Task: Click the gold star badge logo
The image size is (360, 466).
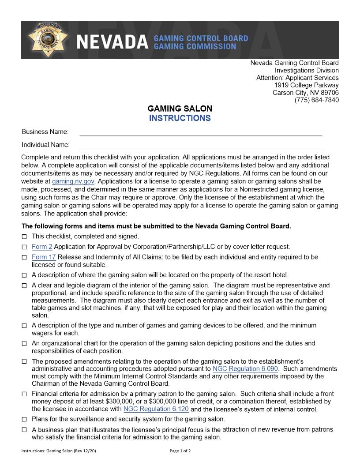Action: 48,40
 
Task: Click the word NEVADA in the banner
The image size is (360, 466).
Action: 112,42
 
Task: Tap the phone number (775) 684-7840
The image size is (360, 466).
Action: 316,100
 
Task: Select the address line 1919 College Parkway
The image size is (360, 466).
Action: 306,85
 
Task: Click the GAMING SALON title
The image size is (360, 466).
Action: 180,109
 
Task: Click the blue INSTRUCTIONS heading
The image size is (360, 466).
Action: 180,118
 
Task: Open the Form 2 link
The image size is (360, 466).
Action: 42,247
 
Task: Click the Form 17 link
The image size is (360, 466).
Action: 44,257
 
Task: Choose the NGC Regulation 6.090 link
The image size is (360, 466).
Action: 245,368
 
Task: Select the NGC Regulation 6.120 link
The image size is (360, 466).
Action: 156,409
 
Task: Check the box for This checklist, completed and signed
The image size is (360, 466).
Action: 24,237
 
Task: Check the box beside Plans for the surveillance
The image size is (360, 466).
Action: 24,419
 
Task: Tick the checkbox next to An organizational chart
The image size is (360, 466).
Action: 24,343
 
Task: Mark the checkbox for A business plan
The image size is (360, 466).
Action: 24,430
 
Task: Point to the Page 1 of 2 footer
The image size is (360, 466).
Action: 180,451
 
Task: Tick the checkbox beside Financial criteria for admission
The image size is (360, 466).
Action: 24,394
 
